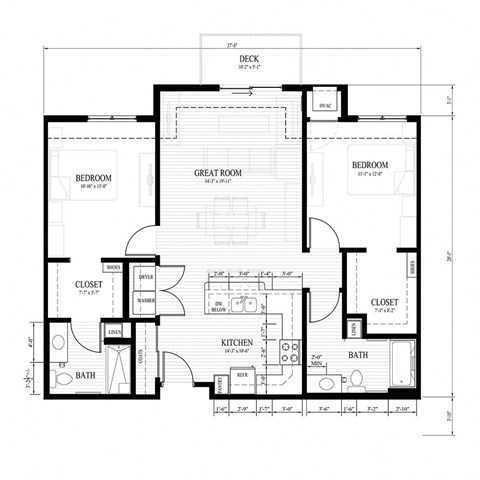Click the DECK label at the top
(x=248, y=60)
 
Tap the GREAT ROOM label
(x=218, y=172)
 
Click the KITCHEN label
(x=238, y=343)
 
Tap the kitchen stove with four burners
(x=291, y=352)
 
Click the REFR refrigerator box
(x=242, y=374)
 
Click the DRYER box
(x=145, y=277)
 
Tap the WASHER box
(x=145, y=299)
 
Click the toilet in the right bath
(x=356, y=378)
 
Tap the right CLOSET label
(x=385, y=301)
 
